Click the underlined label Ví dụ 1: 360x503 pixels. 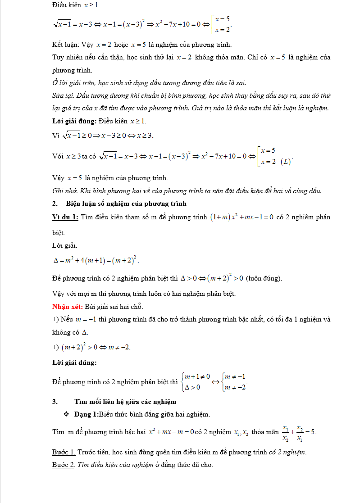[65, 217]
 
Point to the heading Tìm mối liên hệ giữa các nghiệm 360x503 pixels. [125, 402]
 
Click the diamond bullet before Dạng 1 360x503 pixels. [66, 414]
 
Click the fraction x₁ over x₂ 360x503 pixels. [285, 432]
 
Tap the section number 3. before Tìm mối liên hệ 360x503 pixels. [55, 402]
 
